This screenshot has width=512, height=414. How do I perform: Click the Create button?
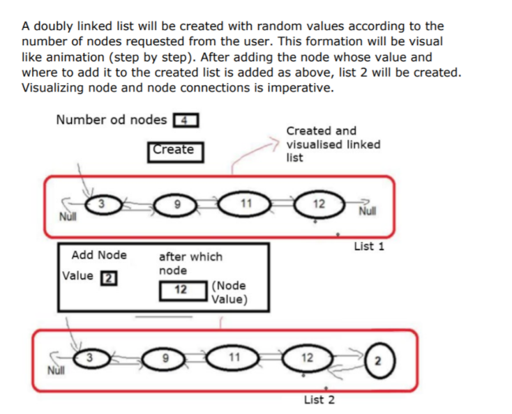click(175, 151)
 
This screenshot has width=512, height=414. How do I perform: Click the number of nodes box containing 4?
click(185, 119)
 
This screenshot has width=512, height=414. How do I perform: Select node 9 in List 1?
click(178, 205)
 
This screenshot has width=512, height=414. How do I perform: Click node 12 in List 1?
click(319, 204)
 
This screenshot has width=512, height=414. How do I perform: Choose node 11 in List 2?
click(234, 358)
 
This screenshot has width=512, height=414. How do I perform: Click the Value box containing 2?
click(109, 277)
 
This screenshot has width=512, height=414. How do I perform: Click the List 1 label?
click(369, 247)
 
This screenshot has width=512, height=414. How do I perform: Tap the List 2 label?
click(319, 399)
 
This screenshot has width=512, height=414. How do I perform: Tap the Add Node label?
click(99, 255)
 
